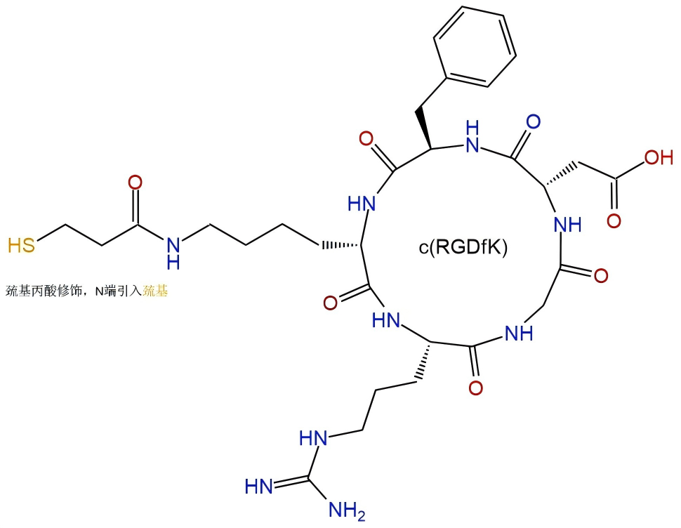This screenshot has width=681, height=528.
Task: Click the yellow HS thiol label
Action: (x=21, y=245)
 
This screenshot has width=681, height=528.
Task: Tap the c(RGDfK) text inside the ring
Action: (x=463, y=247)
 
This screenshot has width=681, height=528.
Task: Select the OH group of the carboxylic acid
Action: (x=659, y=157)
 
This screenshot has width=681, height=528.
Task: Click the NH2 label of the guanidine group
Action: (x=347, y=510)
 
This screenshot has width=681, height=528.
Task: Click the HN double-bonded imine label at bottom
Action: (x=259, y=487)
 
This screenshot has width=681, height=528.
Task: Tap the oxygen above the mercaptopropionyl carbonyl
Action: (x=135, y=183)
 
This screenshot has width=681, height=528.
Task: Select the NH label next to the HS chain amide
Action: (x=173, y=254)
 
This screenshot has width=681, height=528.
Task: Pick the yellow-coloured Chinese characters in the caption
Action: (x=155, y=291)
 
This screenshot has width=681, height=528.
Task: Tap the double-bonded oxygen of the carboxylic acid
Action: (x=614, y=221)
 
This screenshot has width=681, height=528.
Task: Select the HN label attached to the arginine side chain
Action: (x=313, y=438)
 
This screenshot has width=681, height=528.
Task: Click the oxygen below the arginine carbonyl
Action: (x=476, y=388)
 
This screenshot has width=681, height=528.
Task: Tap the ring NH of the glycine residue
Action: (x=519, y=334)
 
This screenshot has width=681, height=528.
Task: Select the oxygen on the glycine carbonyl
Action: (x=601, y=276)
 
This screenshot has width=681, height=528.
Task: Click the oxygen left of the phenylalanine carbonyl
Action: (x=366, y=139)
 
